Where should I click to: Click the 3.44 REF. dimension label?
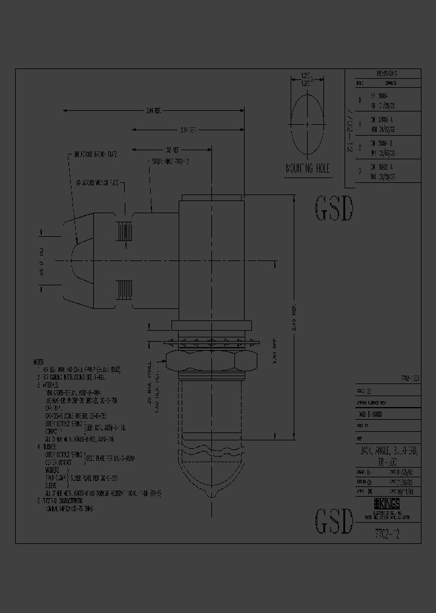tap(153, 111)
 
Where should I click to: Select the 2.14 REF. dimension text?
tap(188, 130)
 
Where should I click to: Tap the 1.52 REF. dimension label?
tap(174, 149)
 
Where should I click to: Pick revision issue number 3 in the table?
tap(360, 171)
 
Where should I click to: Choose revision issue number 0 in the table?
tap(360, 100)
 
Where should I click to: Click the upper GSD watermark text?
tap(334, 210)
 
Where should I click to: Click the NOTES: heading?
tap(42, 361)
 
